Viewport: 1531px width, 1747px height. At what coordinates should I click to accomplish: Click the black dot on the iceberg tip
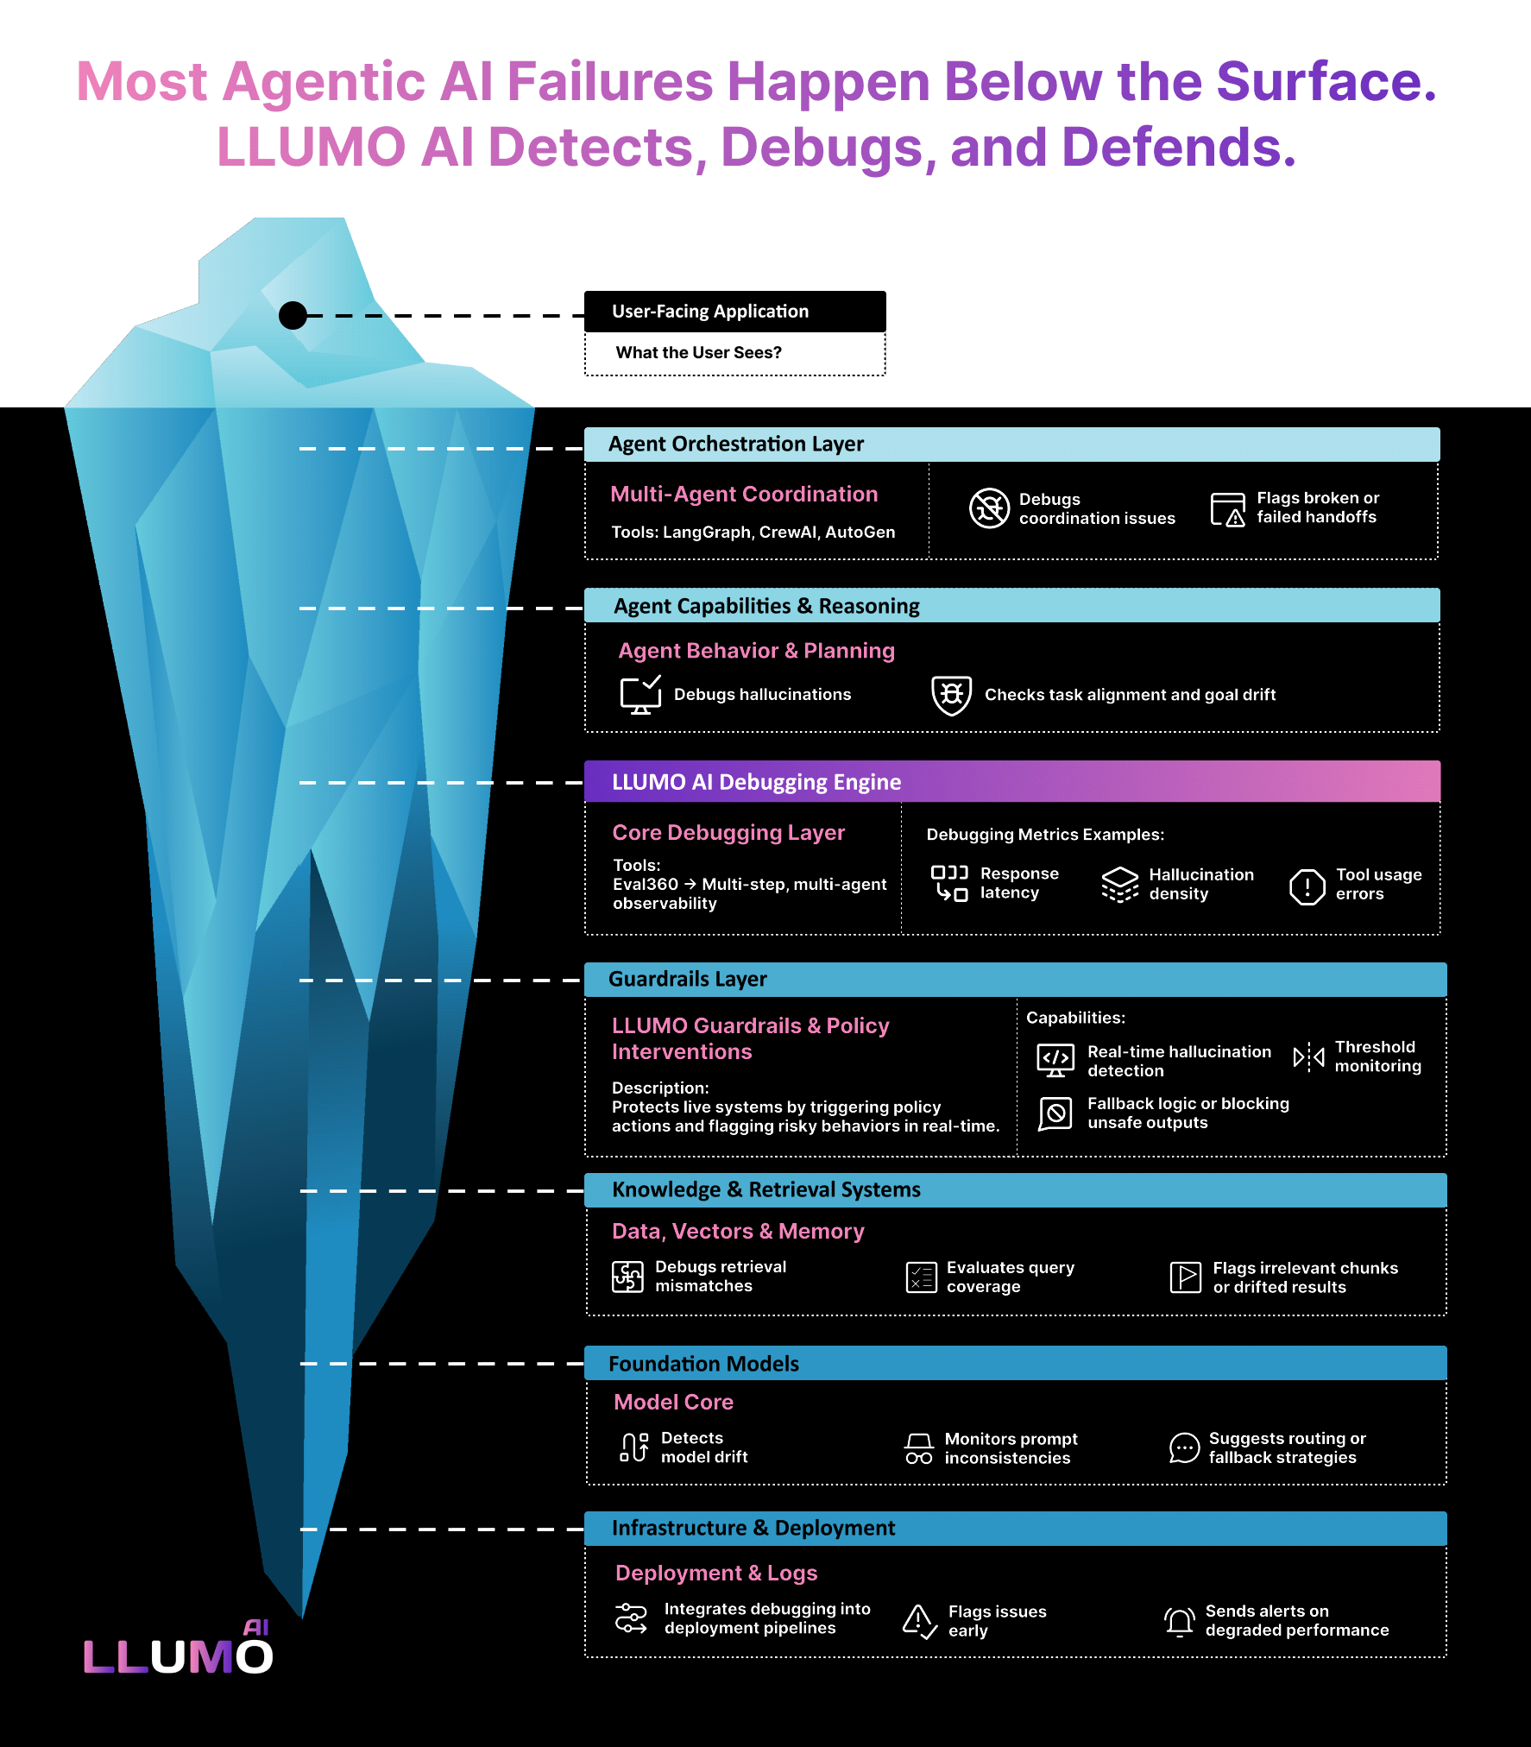click(x=293, y=315)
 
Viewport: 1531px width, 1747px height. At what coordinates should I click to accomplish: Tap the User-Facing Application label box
click(x=734, y=312)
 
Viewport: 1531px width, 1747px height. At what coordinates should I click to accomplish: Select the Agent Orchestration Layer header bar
click(x=1011, y=445)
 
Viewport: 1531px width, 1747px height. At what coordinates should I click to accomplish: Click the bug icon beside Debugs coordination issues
click(x=989, y=508)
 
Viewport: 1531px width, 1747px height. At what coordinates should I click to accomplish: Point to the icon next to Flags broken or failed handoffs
click(x=1227, y=508)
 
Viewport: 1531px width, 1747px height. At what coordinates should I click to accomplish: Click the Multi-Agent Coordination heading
click(x=744, y=494)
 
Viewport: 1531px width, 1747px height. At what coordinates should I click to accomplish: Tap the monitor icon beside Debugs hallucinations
click(x=640, y=695)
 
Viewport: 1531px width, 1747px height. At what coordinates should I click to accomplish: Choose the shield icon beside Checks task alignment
click(x=952, y=695)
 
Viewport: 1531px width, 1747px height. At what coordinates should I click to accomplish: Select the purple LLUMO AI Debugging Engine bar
click(x=1011, y=782)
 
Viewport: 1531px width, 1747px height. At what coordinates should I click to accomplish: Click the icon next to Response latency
click(x=949, y=883)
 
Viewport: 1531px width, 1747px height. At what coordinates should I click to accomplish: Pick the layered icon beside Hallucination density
click(x=1120, y=884)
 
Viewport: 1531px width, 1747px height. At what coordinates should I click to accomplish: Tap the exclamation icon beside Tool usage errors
click(x=1307, y=886)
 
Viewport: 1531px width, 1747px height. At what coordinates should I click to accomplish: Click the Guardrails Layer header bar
click(x=1015, y=980)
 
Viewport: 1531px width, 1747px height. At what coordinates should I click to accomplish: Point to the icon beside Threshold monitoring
click(x=1308, y=1056)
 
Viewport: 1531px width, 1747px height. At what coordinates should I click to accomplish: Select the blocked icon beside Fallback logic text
click(x=1055, y=1113)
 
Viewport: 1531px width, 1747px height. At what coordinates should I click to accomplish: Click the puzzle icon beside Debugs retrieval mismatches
click(x=627, y=1277)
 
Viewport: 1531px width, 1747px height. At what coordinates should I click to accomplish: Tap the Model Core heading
click(x=673, y=1402)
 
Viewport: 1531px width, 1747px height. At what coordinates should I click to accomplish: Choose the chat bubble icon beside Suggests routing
click(x=1184, y=1447)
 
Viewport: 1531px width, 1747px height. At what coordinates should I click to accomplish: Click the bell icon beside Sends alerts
click(x=1179, y=1621)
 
